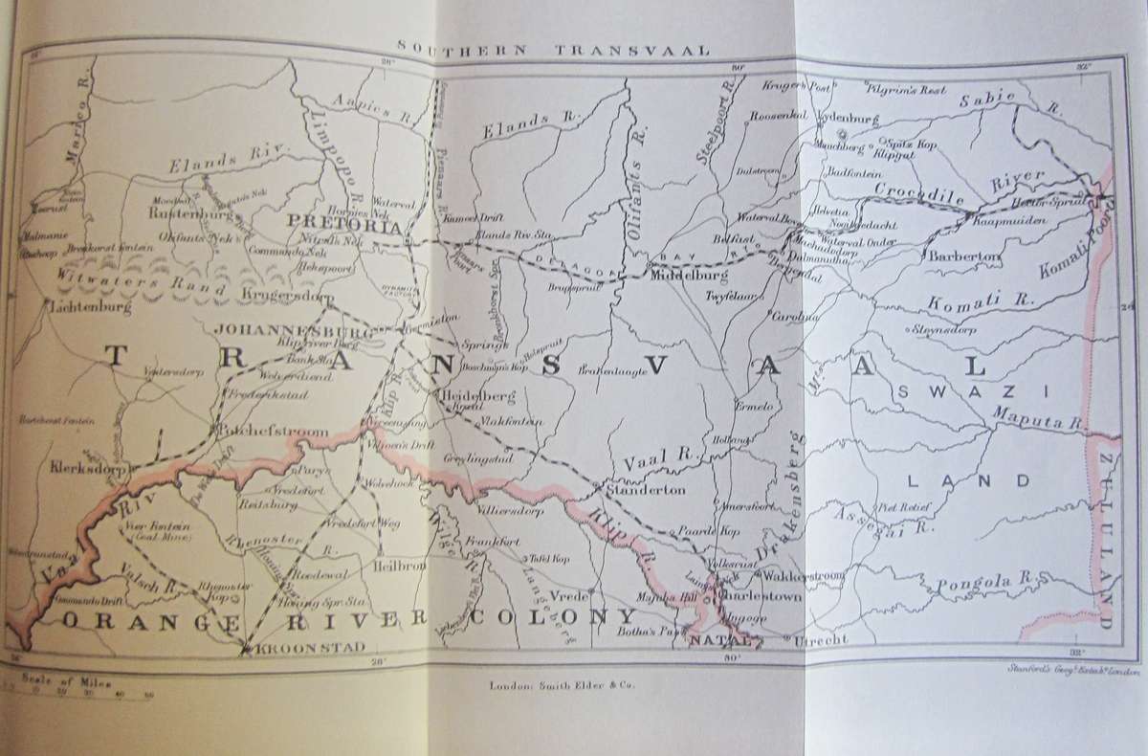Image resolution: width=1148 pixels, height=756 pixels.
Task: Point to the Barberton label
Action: (962, 257)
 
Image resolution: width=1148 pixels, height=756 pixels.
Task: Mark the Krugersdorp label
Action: (284, 291)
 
